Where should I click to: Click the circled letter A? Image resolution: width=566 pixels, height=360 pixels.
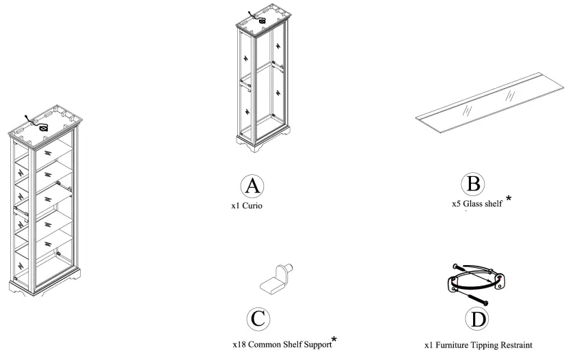click(x=252, y=186)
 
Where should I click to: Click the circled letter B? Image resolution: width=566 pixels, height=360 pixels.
click(x=473, y=184)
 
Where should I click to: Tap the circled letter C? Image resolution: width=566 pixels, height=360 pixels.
click(x=258, y=319)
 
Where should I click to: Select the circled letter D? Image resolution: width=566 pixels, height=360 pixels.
click(x=477, y=319)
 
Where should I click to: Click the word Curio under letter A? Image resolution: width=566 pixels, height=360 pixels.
click(x=252, y=206)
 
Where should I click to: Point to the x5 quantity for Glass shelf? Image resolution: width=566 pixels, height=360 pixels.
click(x=456, y=204)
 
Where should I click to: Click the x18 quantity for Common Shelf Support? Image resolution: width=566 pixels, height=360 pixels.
click(x=239, y=344)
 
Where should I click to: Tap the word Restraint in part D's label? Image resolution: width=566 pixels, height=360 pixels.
click(x=515, y=345)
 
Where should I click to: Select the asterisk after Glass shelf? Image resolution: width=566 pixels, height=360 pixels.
click(x=509, y=198)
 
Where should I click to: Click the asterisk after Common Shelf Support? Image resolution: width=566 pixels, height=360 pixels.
click(x=334, y=339)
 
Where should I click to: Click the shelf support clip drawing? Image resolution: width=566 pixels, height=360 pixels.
click(x=276, y=278)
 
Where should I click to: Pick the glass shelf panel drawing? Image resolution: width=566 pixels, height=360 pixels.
click(x=489, y=102)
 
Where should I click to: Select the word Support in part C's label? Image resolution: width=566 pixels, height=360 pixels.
click(x=318, y=345)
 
